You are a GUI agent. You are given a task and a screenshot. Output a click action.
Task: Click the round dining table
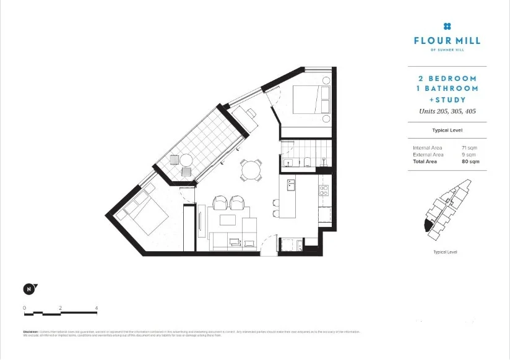pos(251,168)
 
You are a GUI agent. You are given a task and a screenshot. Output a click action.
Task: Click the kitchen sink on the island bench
pos(291,184)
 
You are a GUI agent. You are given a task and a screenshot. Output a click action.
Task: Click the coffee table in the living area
pos(229,221)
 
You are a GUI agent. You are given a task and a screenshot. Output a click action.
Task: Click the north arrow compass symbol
pos(28,288)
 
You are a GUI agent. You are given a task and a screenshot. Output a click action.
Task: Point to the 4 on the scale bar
pos(97,307)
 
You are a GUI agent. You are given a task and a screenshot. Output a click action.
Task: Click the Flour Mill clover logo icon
pos(447,26)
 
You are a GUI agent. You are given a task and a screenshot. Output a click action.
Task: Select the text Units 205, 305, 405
pos(447,111)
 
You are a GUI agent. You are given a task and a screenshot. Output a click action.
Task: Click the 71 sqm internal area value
pos(469,148)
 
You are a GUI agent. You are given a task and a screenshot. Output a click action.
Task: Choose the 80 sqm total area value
pos(470,161)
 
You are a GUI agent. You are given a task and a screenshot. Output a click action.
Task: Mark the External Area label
pos(428,155)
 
